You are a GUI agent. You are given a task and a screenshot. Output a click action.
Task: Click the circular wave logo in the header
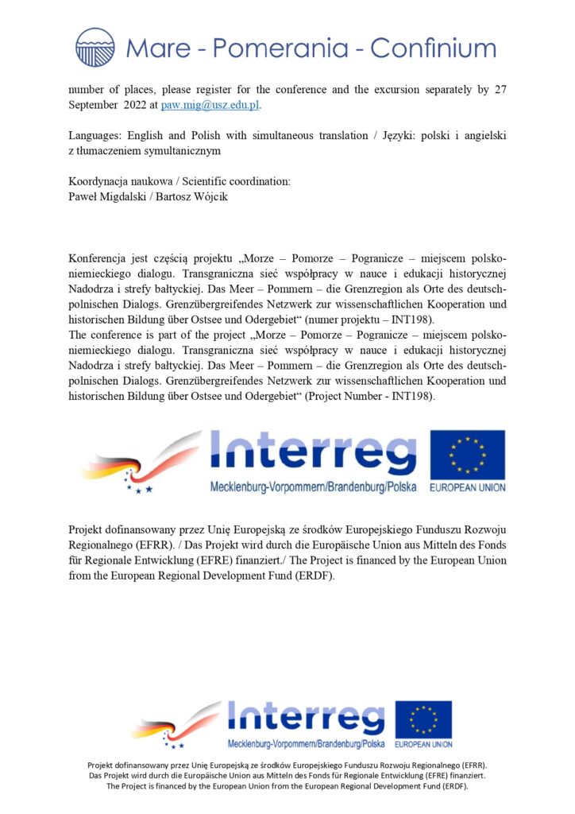[95, 47]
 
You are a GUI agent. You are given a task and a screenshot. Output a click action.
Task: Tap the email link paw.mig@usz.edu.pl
[210, 105]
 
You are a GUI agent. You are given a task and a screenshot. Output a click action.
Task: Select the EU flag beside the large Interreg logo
[468, 455]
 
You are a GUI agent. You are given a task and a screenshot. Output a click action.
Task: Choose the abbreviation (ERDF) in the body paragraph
[309, 576]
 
